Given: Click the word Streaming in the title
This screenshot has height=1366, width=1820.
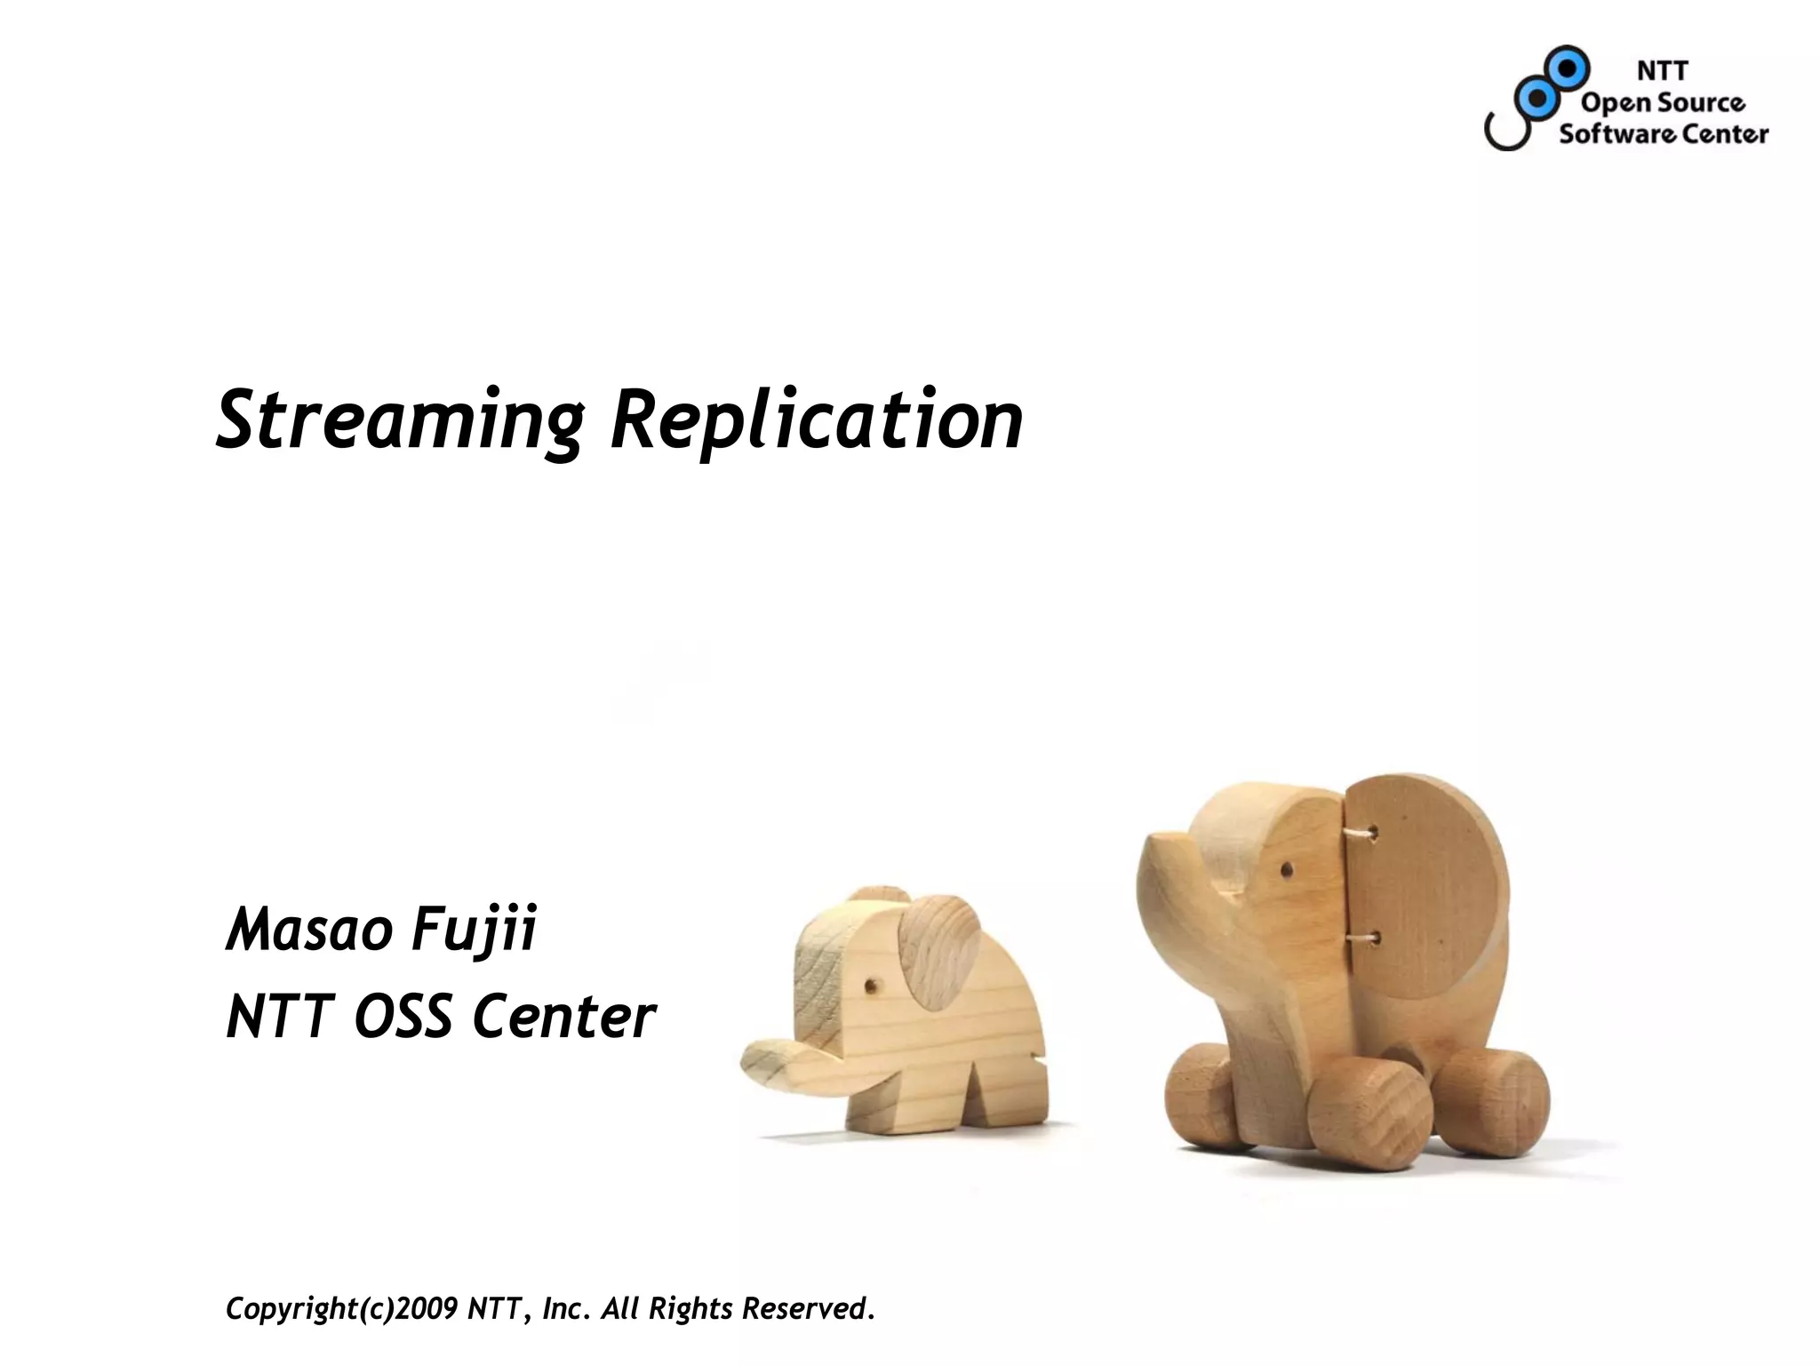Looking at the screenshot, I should click(398, 420).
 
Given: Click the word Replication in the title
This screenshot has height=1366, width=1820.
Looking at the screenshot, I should click(816, 420).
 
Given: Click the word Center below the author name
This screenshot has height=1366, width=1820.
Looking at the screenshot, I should click(563, 1017).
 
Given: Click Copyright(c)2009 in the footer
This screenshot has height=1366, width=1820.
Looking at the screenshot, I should click(342, 1308).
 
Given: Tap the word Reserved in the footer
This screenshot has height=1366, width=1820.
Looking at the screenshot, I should click(804, 1308).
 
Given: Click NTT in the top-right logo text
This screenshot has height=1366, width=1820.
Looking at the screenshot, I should click(1662, 70).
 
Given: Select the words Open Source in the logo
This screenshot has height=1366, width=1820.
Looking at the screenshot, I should click(1662, 103).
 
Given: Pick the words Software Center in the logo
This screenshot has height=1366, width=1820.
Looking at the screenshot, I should click(1664, 134).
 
